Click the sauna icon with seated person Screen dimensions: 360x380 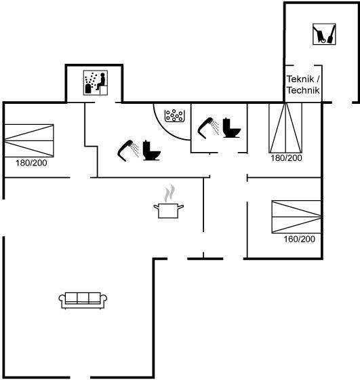96,83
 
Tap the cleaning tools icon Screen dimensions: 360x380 324,34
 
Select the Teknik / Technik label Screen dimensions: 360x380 303,85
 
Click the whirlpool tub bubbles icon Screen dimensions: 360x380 174,115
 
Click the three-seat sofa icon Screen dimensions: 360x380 83,300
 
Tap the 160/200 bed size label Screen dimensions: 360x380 299,239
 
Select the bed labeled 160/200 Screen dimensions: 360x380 296,216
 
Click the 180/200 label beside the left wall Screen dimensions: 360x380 31,163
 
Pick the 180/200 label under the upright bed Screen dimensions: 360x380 286,158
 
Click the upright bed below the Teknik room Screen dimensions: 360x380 285,128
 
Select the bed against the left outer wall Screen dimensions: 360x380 28,140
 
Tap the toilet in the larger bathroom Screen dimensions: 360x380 152,151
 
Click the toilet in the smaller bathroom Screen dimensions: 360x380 231,128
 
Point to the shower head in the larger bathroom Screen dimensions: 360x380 128,150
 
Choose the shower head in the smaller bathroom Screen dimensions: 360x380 208,128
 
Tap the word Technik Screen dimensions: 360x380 303,90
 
